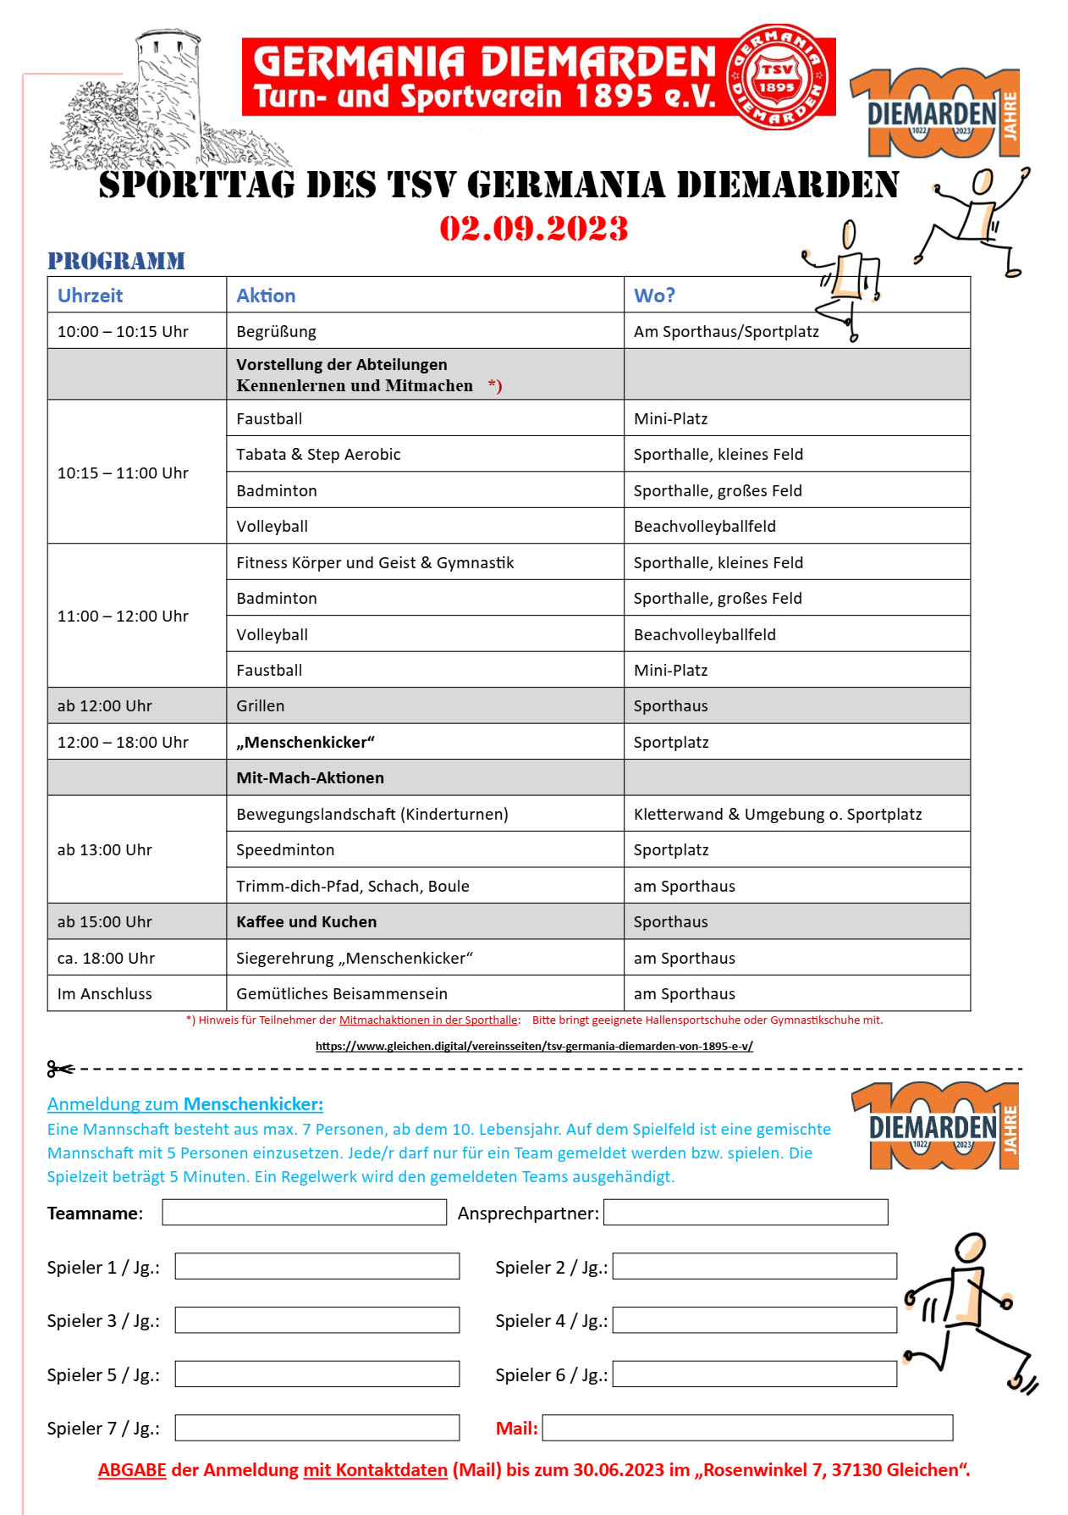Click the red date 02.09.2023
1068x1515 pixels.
[533, 229]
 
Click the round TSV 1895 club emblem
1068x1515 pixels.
[776, 77]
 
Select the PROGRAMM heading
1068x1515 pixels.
[116, 261]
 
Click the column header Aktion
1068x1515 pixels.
[266, 296]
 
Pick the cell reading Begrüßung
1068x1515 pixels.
[276, 331]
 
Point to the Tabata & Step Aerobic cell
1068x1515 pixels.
[318, 454]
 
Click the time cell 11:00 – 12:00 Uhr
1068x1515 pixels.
[123, 616]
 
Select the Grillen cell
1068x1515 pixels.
[261, 705]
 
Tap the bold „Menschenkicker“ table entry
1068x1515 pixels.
[305, 742]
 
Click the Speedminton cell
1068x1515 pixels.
[285, 849]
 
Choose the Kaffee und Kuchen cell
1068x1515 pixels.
[306, 921]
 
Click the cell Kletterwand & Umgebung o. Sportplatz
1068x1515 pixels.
[777, 814]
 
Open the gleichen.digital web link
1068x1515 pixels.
[534, 1046]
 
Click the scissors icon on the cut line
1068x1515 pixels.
[60, 1070]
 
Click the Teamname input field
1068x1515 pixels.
[304, 1212]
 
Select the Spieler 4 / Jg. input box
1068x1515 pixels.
[754, 1319]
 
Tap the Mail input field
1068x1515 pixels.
[747, 1427]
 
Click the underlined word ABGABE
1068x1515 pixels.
[132, 1470]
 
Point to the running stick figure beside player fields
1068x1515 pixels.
[969, 1313]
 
